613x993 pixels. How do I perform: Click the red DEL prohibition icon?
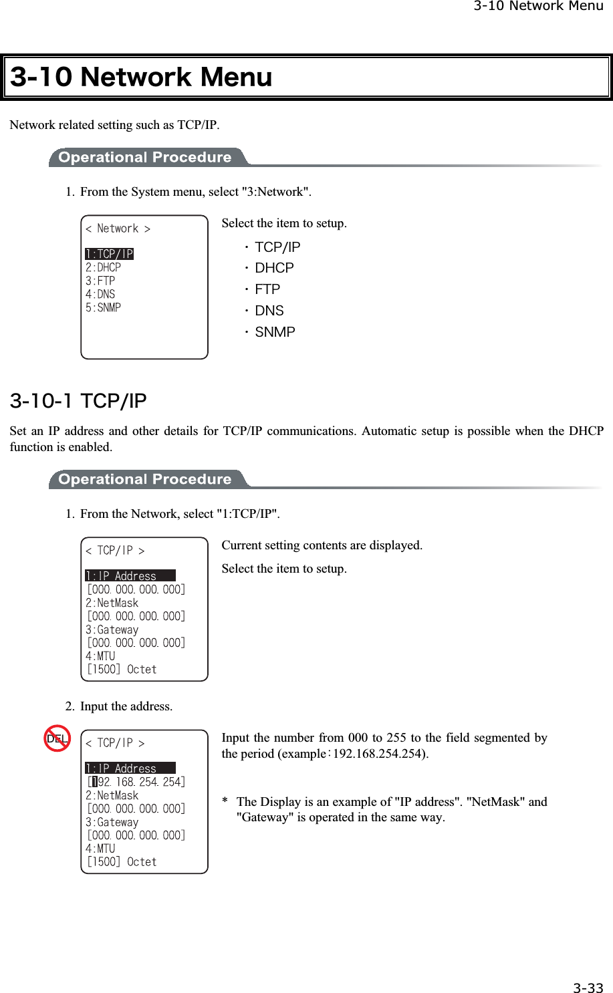pos(57,738)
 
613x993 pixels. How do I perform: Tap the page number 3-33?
pos(588,988)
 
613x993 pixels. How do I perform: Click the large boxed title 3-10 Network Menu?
pos(142,78)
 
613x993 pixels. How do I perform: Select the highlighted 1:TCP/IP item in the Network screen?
pos(110,254)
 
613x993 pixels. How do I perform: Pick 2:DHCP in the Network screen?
pos(104,267)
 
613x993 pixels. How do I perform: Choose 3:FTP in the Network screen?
pos(100,281)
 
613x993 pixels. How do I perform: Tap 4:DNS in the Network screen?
pos(100,294)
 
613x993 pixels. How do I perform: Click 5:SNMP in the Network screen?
pos(104,307)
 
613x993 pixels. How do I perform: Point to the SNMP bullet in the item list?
pos(275,332)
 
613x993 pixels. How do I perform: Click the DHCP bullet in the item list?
pos(274,268)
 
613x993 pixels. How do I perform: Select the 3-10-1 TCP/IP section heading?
pos(78,401)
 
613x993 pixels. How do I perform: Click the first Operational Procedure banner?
pos(145,158)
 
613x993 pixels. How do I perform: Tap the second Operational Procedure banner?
pos(145,480)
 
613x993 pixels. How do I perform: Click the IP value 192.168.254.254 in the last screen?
pos(136,782)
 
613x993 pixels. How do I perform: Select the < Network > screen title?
pos(118,229)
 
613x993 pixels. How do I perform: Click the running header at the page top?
pos(538,7)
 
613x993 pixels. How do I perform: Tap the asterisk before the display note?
pos(225,802)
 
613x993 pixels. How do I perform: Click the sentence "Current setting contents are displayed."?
pos(322,545)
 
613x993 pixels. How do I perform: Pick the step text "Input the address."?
pos(126,706)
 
